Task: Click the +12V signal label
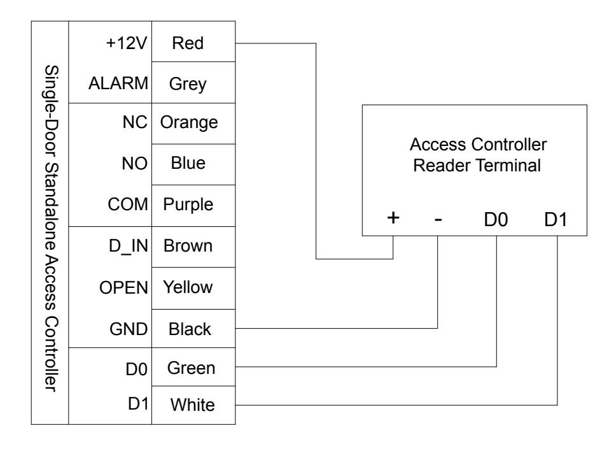click(x=127, y=43)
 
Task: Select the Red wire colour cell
click(x=193, y=41)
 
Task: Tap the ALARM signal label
click(x=118, y=83)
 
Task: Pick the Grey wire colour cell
click(x=193, y=83)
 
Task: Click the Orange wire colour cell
click(x=193, y=124)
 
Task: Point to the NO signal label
click(x=134, y=164)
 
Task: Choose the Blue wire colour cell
click(x=193, y=165)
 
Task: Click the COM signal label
click(x=128, y=204)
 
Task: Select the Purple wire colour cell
click(x=193, y=206)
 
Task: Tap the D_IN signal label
click(x=128, y=246)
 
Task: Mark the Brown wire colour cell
click(x=193, y=247)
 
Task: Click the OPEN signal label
click(x=123, y=288)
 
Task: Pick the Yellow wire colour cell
click(x=193, y=289)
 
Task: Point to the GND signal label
click(x=129, y=329)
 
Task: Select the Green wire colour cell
click(x=193, y=367)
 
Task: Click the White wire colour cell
click(x=193, y=405)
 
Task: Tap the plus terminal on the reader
click(x=393, y=217)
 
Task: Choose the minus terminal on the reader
click(x=438, y=219)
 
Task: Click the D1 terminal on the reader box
click(x=556, y=219)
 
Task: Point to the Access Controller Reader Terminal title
click(x=478, y=155)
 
